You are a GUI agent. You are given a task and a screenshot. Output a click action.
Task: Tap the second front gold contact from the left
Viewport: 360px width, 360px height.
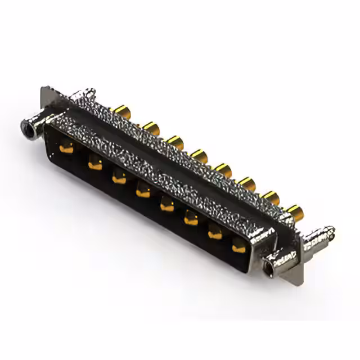pos(93,164)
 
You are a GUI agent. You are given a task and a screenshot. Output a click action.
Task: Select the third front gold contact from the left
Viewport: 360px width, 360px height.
pos(118,178)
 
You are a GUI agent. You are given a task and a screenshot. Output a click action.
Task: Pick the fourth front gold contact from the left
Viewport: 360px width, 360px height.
pos(142,192)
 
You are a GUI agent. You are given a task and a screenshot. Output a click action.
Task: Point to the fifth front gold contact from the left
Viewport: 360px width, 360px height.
pos(166,206)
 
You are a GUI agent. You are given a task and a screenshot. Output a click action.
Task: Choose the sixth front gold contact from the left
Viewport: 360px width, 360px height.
pos(191,219)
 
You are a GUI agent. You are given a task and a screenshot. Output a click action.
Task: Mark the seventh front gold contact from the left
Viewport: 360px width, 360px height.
pos(215,233)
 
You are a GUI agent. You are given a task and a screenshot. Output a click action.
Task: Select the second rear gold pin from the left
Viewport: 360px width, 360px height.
pos(150,126)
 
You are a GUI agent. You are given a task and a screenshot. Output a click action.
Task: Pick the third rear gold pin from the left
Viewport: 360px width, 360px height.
pos(174,141)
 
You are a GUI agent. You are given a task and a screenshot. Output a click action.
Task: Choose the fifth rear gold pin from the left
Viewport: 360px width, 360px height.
pos(223,169)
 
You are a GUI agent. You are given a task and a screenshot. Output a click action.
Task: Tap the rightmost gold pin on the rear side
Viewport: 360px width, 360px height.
pos(293,212)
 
